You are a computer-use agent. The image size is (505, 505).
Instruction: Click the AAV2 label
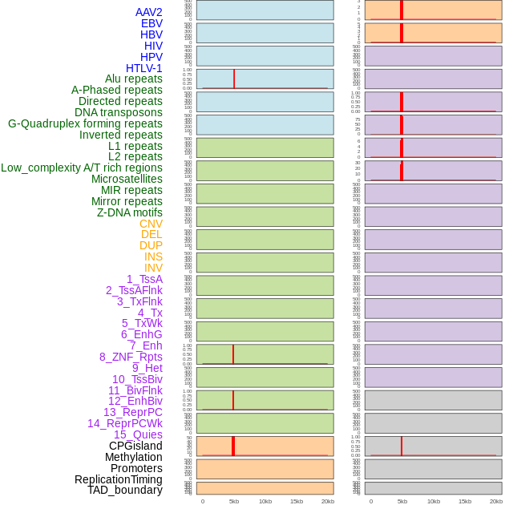click(x=148, y=12)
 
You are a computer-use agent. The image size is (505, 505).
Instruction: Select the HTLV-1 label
click(x=143, y=68)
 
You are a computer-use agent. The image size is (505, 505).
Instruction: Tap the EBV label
click(x=151, y=23)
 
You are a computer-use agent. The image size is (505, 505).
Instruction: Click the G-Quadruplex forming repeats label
click(x=85, y=123)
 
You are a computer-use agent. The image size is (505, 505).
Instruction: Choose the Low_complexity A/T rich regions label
click(x=82, y=168)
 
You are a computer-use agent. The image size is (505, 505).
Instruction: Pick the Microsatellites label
click(x=127, y=179)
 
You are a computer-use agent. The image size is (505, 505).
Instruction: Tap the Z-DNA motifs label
click(x=130, y=212)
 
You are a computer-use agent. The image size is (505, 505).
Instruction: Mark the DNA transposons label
click(x=119, y=112)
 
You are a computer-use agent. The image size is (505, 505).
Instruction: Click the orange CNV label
click(x=151, y=224)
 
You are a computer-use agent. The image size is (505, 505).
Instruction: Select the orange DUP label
click(x=151, y=245)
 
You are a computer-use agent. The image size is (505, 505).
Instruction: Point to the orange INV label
click(x=153, y=268)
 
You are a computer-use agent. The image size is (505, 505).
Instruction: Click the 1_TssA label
click(x=144, y=279)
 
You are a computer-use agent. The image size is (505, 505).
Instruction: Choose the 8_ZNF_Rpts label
click(x=131, y=357)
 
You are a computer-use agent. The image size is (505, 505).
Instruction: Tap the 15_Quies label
click(x=138, y=434)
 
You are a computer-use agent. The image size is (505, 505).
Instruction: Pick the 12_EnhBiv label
click(x=135, y=401)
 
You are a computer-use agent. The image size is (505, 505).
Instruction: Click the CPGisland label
click(x=135, y=446)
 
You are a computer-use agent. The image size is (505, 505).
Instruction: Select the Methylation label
click(x=133, y=457)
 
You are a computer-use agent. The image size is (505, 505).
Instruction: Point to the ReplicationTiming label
click(x=119, y=479)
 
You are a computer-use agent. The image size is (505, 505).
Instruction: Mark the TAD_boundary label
click(x=125, y=490)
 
